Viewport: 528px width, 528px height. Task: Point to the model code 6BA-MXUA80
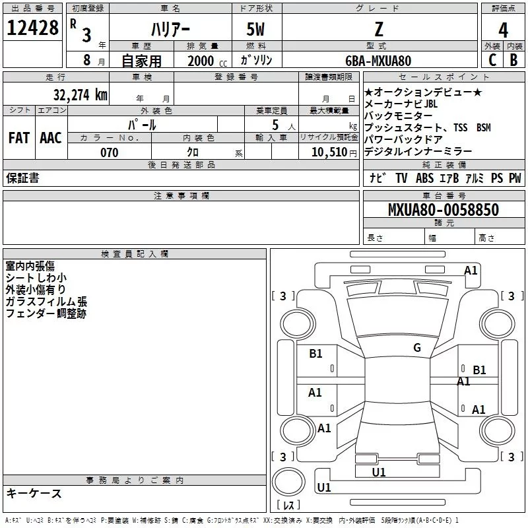378,61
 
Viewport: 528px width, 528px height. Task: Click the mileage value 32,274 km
80,94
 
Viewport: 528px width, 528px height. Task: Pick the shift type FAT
18,138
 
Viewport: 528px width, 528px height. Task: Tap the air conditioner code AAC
51,138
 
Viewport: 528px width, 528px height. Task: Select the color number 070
109,153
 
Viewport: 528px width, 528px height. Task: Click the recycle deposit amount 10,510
329,153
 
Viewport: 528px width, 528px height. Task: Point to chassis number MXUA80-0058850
443,210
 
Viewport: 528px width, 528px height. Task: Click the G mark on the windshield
416,347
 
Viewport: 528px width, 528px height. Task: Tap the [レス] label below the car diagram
288,505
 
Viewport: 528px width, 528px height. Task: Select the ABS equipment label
424,178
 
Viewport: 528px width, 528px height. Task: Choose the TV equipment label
401,178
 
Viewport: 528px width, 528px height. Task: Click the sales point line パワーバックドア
403,139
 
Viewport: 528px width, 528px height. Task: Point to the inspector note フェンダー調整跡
46,313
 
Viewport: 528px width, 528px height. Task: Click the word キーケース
34,493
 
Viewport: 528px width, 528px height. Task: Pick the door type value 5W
255,30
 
